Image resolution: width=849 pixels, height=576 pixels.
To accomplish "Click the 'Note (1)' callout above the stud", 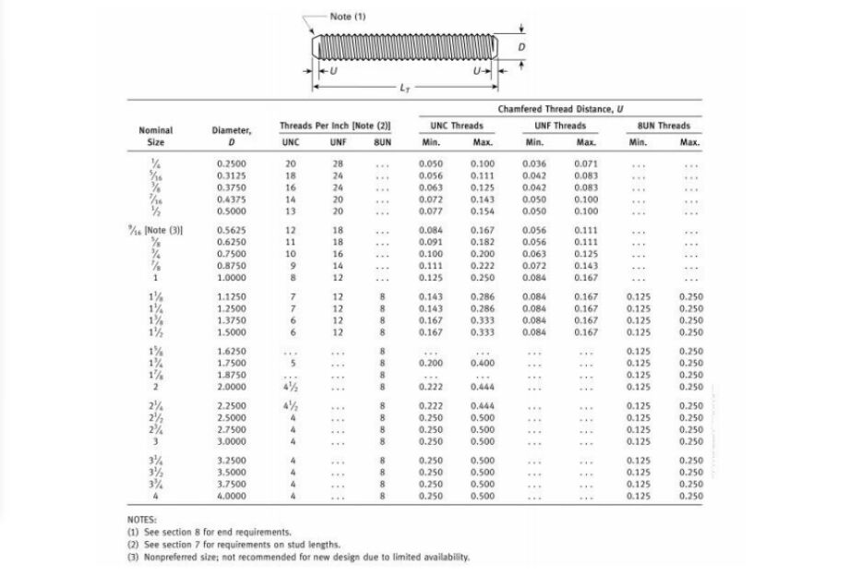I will pyautogui.click(x=348, y=16).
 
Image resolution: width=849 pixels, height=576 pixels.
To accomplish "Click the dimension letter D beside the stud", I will pyautogui.click(x=522, y=45).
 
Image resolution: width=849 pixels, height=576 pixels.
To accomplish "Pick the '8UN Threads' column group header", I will pyautogui.click(x=664, y=126).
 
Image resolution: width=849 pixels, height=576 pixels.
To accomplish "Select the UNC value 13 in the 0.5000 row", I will pyautogui.click(x=291, y=211).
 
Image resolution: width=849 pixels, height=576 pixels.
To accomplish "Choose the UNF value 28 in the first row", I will pyautogui.click(x=338, y=163).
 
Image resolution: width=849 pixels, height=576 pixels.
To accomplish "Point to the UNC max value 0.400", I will pyautogui.click(x=482, y=363).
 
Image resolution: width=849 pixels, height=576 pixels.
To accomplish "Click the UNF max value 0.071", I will pyautogui.click(x=585, y=163).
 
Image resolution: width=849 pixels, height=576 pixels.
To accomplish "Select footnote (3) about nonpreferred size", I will pyautogui.click(x=298, y=557).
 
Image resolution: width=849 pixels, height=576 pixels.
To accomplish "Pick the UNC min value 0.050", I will pyautogui.click(x=430, y=163).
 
